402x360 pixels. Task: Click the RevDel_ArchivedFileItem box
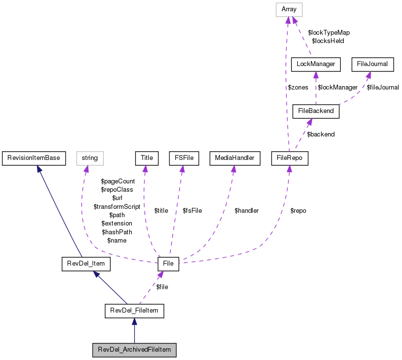tap(134, 350)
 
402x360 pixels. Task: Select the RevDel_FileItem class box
tap(134, 311)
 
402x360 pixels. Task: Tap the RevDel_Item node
tap(86, 264)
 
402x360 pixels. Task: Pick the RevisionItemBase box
tap(34, 158)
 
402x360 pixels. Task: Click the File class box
tap(168, 264)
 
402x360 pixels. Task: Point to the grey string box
tap(90, 158)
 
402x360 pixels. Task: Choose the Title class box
tap(146, 158)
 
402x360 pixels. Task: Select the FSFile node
tap(182, 158)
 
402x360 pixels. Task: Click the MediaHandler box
tap(233, 158)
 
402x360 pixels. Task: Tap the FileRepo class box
tap(290, 158)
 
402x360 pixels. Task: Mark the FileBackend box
tap(316, 111)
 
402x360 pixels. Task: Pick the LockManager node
tap(316, 64)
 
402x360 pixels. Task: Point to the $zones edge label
tap(298, 88)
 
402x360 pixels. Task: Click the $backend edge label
tap(321, 135)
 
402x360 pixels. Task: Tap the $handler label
tap(246, 211)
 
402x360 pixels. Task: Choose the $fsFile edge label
tap(192, 211)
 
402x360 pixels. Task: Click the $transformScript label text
tap(117, 206)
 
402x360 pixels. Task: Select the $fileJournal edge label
tap(382, 88)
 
